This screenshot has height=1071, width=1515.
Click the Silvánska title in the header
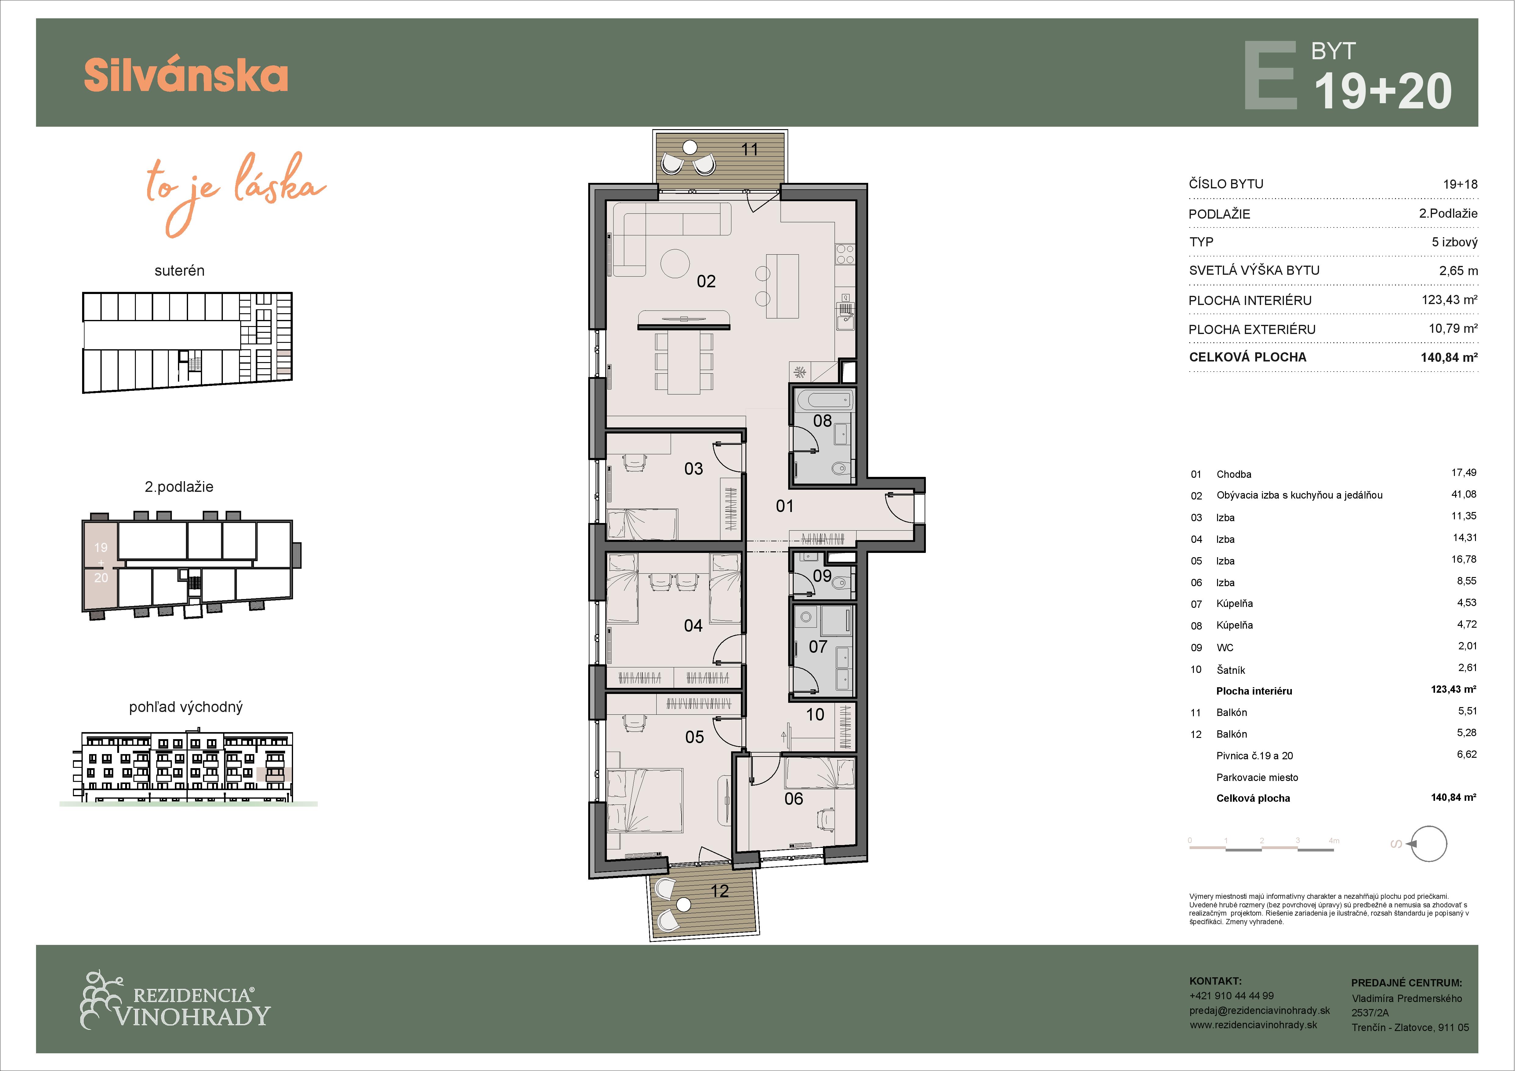186,75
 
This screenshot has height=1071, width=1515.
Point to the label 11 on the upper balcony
750,150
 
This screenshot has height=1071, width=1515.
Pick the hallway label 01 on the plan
785,506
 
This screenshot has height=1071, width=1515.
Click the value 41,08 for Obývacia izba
1463,494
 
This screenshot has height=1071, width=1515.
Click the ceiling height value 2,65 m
1458,270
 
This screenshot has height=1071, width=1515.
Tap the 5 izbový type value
1454,242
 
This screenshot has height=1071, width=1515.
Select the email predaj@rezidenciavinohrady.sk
1259,1010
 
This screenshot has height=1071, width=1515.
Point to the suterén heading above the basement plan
179,270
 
